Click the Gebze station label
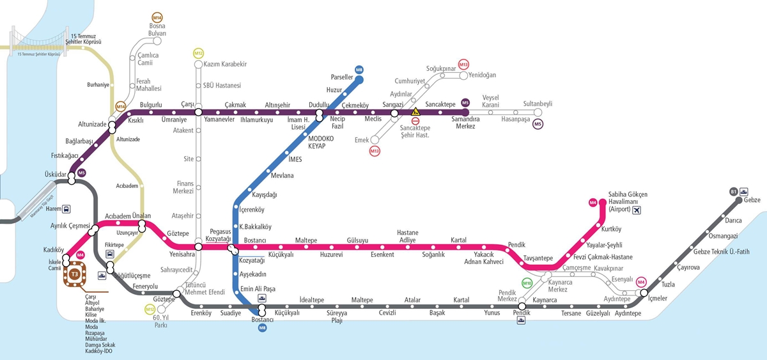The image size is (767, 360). click(753, 201)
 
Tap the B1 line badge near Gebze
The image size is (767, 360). click(733, 191)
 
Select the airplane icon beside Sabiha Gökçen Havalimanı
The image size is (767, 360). click(635, 210)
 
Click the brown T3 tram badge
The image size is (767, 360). click(75, 274)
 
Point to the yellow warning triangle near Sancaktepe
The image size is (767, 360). click(415, 111)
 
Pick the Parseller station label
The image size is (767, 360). click(342, 77)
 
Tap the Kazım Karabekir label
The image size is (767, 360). click(225, 65)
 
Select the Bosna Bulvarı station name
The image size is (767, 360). click(157, 29)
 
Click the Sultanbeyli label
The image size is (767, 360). click(538, 103)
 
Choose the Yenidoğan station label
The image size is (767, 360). click(482, 75)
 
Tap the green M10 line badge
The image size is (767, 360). click(527, 283)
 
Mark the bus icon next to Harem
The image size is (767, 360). click(66, 208)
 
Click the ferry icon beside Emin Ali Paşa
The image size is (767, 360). click(263, 298)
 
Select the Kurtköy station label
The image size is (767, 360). click(612, 229)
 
